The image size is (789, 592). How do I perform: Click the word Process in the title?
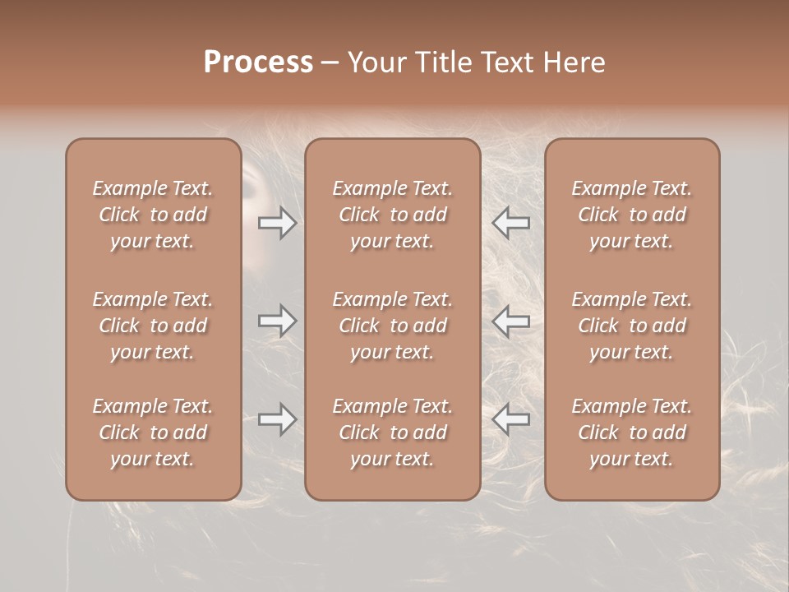[x=258, y=62]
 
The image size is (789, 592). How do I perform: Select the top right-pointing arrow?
[x=277, y=223]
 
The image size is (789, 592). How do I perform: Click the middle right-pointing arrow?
[x=277, y=321]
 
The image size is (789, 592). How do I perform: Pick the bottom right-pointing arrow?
[x=277, y=419]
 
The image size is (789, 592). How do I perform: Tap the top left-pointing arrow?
[x=511, y=223]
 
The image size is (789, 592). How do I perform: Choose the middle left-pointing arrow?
[x=511, y=321]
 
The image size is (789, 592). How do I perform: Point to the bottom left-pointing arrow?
[x=511, y=419]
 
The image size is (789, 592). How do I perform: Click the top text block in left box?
[x=153, y=215]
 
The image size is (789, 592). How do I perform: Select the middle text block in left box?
[x=153, y=326]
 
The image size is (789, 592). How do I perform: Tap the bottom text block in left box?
[x=153, y=432]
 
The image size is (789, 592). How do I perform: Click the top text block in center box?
[x=392, y=215]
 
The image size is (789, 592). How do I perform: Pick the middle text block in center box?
[x=392, y=326]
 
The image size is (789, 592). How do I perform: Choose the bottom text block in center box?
[x=392, y=432]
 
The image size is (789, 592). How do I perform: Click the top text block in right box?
[x=632, y=215]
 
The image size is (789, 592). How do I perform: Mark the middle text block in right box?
[x=632, y=326]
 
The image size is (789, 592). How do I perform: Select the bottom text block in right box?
[x=632, y=432]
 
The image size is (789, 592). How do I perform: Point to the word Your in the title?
[x=374, y=62]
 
